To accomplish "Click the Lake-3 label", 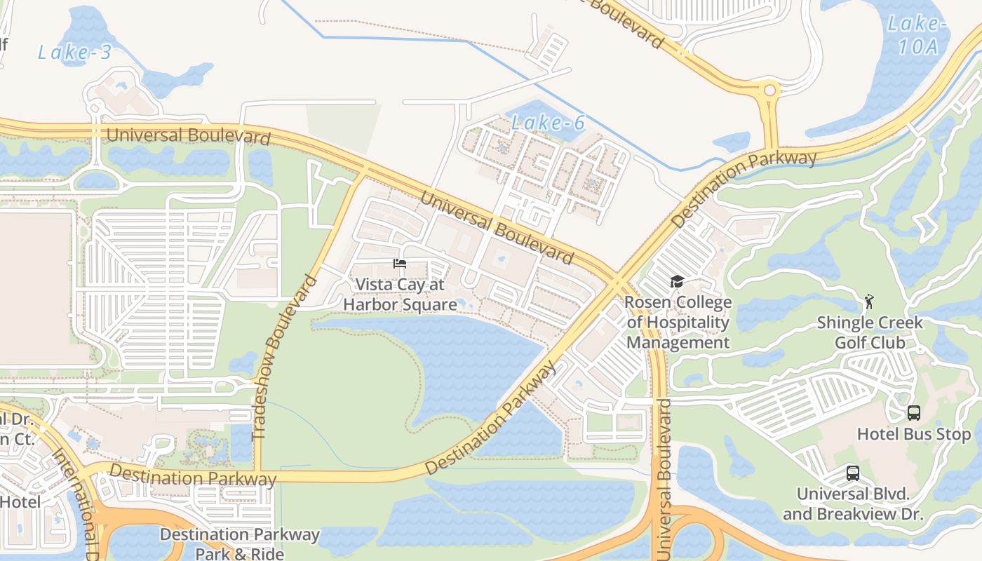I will [74, 52].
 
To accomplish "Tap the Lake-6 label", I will [547, 123].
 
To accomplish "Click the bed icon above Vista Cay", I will [400, 264].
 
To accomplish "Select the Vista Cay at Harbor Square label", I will [400, 295].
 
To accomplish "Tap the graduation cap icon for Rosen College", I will [677, 282].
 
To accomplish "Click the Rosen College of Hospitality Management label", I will [678, 323].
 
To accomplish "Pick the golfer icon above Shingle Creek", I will [869, 302].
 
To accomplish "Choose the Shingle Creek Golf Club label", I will [870, 332].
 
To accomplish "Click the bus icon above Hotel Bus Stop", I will [913, 413].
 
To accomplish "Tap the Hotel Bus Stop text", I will [913, 434].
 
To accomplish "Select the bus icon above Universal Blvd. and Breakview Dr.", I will [852, 473].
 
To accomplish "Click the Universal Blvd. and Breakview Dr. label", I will [852, 503].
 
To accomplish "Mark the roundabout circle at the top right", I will [770, 90].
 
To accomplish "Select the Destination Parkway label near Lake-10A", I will [745, 187].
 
